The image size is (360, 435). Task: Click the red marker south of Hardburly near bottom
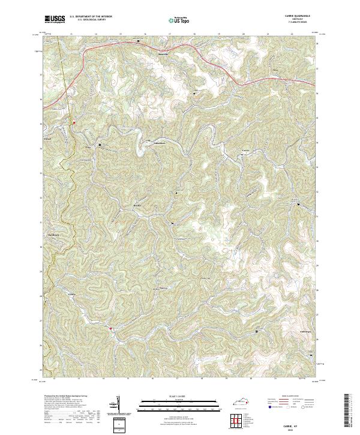111,328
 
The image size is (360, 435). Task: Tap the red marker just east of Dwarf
74,122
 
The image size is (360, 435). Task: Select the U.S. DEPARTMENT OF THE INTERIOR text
91,17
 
